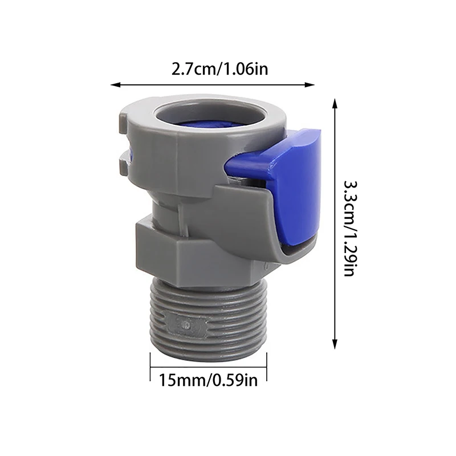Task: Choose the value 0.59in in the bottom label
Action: [233, 379]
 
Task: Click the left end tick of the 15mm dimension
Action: [150, 365]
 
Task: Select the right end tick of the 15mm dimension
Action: [266, 365]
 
